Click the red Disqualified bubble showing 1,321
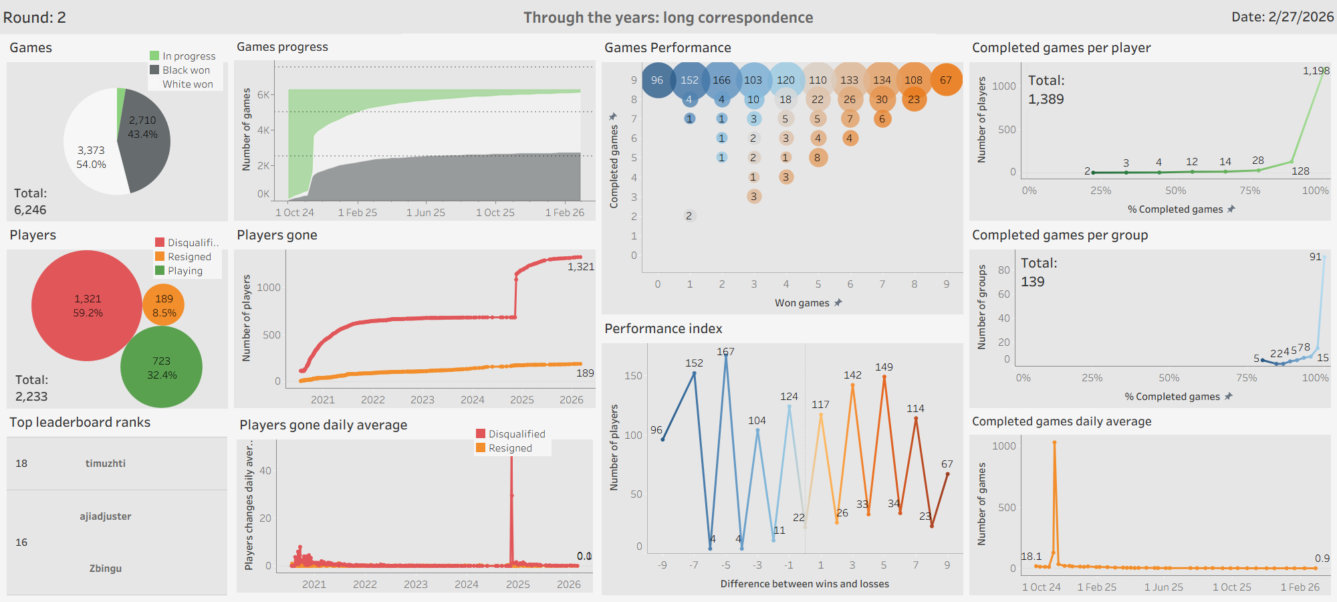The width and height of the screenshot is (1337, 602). point(87,306)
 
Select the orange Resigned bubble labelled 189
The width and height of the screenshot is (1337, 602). point(164,305)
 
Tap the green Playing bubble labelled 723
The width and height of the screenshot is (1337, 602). point(161,367)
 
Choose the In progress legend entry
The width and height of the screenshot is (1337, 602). point(189,56)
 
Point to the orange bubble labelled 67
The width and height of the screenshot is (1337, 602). point(946,80)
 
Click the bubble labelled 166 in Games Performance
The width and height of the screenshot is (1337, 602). point(721,80)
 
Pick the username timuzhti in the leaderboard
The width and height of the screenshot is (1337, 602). point(106,464)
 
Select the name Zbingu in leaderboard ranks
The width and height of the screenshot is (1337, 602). point(106,569)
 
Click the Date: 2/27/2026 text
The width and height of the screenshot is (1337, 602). point(1282,17)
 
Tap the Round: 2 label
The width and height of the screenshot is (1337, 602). point(35,17)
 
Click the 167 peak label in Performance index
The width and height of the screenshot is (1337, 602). point(725,352)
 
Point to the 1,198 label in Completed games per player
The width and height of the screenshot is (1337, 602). point(1316,71)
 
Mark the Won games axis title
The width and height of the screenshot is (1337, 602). point(802,303)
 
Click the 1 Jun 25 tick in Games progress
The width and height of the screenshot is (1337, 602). point(426,213)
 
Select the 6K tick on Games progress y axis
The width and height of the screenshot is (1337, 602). point(263,95)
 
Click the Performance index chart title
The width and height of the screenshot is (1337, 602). point(663,328)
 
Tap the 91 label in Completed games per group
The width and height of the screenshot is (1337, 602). point(1315,257)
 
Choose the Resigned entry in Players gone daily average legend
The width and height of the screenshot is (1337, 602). point(510,448)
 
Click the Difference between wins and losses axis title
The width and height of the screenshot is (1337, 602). point(804,584)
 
